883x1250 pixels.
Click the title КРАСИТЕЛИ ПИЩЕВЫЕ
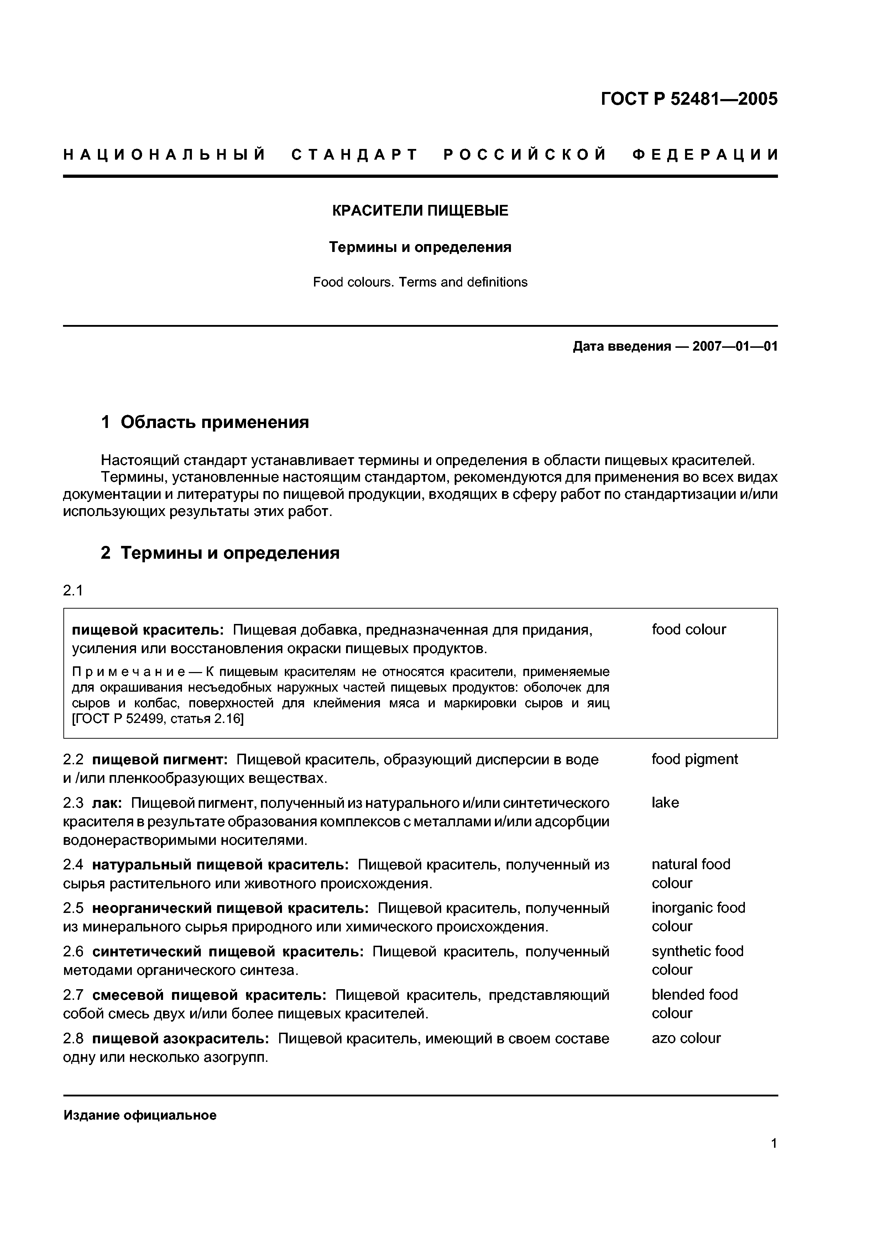(x=420, y=211)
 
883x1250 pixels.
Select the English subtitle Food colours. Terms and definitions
(x=420, y=282)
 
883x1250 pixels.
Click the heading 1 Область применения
(x=205, y=422)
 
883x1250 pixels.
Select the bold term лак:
(x=107, y=803)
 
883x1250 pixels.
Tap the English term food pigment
(x=694, y=759)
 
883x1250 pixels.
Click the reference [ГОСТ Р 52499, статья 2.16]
(x=158, y=719)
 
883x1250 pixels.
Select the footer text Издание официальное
(x=140, y=1116)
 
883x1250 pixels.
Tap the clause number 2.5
(x=73, y=908)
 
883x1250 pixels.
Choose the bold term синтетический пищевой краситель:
(x=228, y=952)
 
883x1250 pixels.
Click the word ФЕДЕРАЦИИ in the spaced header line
(x=706, y=155)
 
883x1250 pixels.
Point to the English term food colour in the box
(x=689, y=630)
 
